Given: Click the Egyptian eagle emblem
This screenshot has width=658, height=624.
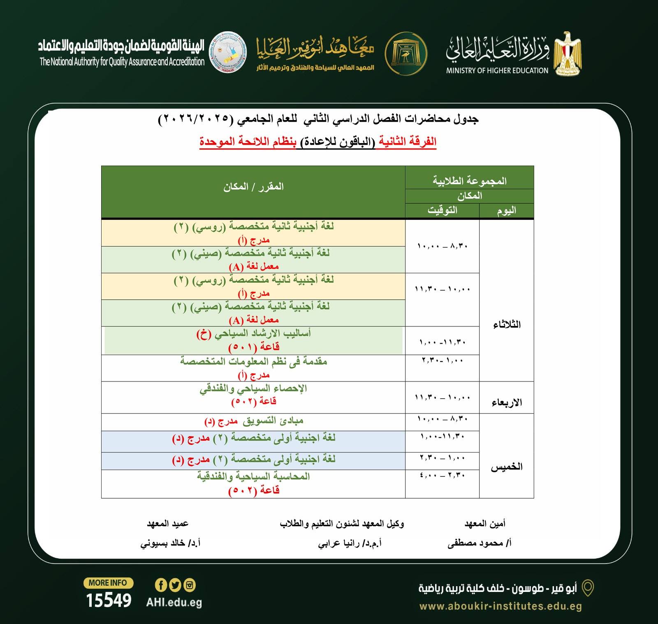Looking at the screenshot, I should (x=567, y=53).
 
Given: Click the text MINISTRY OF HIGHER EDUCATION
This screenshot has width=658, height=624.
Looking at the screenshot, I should (x=497, y=71).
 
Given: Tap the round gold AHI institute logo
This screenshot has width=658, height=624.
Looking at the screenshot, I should (x=406, y=54).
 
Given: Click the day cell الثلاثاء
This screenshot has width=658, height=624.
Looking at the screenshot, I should (x=507, y=325).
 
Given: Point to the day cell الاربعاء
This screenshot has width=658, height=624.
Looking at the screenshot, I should (x=507, y=402).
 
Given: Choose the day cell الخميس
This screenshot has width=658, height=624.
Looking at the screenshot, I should (x=507, y=467).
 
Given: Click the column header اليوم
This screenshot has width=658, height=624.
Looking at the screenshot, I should (x=506, y=210).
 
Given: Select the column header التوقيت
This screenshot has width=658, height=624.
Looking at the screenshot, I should (x=442, y=210).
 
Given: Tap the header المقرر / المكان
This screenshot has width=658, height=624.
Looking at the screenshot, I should (x=253, y=187).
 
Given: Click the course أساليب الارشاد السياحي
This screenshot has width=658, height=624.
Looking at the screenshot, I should (x=254, y=333).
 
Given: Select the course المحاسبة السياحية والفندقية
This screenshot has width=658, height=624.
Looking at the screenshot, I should (x=253, y=476).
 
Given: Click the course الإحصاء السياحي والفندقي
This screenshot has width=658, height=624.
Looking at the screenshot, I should (x=253, y=388).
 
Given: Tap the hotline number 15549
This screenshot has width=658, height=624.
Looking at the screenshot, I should (x=109, y=601).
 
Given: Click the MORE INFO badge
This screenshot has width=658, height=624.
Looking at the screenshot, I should (x=108, y=582).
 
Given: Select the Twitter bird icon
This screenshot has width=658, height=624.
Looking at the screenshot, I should (x=175, y=585).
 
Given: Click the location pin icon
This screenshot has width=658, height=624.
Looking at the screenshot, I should (x=589, y=588).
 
